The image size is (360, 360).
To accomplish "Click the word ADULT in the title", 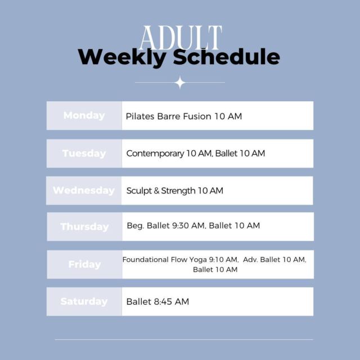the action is point(181,38).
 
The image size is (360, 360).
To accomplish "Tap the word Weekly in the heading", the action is point(122,57).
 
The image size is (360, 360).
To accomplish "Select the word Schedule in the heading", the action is point(226,56).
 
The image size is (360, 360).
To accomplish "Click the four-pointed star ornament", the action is point(180,83).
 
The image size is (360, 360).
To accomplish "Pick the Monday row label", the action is point(84,115).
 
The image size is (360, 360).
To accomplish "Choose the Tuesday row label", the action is point(84,154).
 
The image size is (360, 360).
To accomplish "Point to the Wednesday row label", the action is point(84,191).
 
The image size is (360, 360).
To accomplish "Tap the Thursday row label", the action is point(84,227).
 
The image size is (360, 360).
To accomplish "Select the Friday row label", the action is point(85,264).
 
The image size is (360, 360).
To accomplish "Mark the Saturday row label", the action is point(84,301).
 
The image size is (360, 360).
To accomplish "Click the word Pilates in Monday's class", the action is point(140,116).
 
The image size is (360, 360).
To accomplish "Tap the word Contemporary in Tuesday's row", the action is point(155,154).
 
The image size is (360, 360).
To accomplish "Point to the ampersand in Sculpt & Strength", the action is point(156,191).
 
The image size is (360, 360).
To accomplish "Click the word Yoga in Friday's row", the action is point(198,260).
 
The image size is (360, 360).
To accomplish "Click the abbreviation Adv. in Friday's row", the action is point(250,260).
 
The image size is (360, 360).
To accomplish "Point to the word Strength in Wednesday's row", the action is point(178,191).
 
